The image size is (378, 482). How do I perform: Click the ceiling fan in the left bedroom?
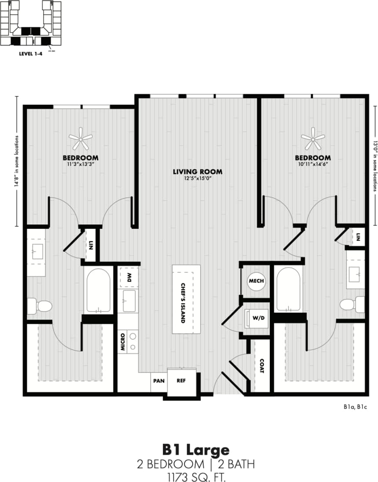(81, 140)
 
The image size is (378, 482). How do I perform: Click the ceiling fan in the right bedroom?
(313, 140)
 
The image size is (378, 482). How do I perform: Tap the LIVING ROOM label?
(197, 172)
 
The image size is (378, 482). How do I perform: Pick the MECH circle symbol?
(256, 281)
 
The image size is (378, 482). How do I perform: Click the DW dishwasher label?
(129, 277)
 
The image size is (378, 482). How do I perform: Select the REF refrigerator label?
(181, 381)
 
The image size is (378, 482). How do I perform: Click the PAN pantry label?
(158, 381)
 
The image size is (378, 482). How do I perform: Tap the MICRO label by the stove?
(123, 342)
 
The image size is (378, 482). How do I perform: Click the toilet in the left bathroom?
(40, 305)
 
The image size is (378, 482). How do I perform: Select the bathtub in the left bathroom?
(98, 291)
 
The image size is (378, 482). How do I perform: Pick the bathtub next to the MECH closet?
(288, 289)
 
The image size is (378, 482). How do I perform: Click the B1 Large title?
(196, 449)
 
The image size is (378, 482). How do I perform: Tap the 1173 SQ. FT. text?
(196, 476)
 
